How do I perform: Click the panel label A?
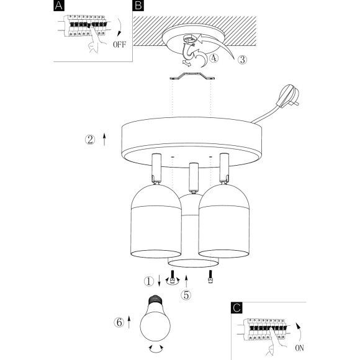click(x=59, y=6)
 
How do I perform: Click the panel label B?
click(x=138, y=6)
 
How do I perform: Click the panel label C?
click(x=236, y=308)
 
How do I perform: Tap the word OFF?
click(x=120, y=44)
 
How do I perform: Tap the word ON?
click(x=299, y=348)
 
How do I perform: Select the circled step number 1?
click(x=149, y=281)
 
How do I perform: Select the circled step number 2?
click(x=90, y=140)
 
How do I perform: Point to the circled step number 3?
click(x=242, y=60)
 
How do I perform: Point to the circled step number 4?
click(x=214, y=58)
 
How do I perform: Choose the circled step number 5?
click(x=186, y=295)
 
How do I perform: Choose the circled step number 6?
click(x=119, y=322)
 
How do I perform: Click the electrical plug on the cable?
click(x=287, y=96)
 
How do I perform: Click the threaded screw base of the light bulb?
click(x=155, y=300)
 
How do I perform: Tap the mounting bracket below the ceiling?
click(x=192, y=76)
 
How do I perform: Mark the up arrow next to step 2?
click(x=104, y=139)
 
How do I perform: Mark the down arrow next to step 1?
click(x=159, y=281)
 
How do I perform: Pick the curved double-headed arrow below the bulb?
click(x=156, y=350)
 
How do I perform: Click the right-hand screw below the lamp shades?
click(x=210, y=277)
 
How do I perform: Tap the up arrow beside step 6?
click(x=129, y=322)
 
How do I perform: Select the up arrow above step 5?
click(x=186, y=281)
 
